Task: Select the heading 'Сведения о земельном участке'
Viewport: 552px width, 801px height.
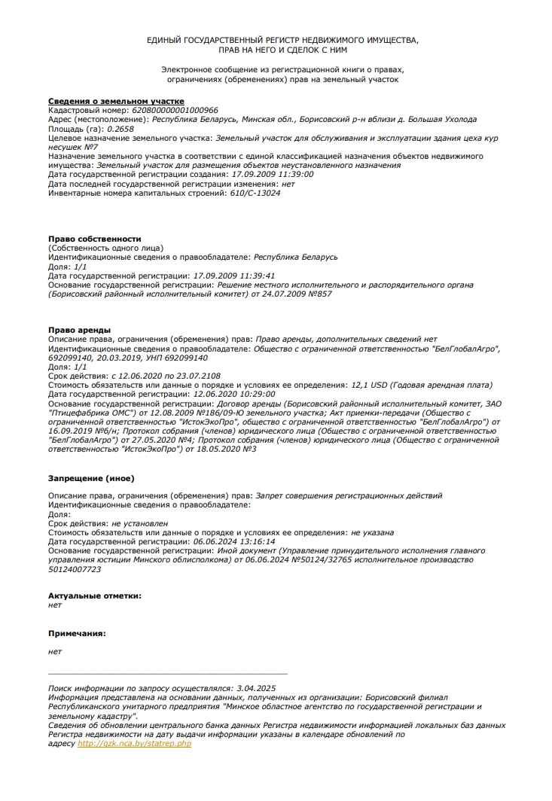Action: [x=116, y=101]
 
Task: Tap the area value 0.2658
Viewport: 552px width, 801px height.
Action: [x=120, y=129]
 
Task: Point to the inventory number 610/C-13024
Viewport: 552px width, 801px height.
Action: [x=255, y=193]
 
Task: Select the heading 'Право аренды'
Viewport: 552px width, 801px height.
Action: [x=79, y=330]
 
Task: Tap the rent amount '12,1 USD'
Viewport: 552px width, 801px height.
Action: [x=368, y=384]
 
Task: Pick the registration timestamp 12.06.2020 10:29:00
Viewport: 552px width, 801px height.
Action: [x=234, y=394]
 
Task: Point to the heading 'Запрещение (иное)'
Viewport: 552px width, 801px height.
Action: [x=91, y=477]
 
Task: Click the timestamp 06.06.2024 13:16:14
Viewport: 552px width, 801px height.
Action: [x=234, y=541]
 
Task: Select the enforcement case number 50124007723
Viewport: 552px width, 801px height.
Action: [x=74, y=569]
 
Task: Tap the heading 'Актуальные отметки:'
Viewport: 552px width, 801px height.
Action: [x=94, y=595]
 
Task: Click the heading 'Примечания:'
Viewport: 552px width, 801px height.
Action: [x=77, y=633]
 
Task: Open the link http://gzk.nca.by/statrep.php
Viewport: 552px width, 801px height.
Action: [x=135, y=743]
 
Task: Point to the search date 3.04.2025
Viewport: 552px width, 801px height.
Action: [x=256, y=688]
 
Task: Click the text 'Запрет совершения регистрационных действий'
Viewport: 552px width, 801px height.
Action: [x=349, y=495]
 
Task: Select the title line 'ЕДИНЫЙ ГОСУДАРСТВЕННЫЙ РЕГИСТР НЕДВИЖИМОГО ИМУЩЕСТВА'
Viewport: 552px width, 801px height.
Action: [x=282, y=38]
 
